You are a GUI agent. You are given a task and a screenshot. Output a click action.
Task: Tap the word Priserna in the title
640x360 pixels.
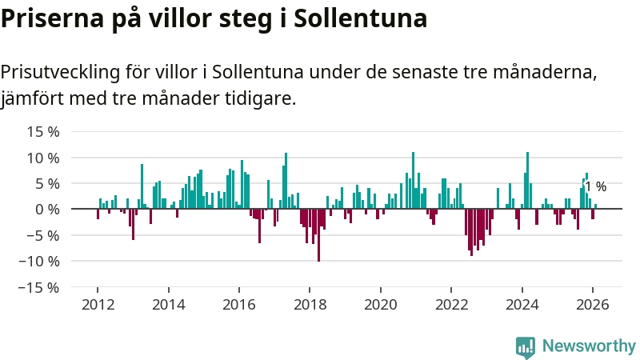click(x=48, y=18)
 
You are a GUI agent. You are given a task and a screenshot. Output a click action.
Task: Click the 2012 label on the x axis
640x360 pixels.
click(x=98, y=305)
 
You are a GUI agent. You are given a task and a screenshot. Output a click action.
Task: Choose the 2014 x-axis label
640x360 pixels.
click(x=168, y=305)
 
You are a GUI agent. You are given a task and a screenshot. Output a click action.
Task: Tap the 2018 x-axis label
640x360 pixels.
click(x=310, y=305)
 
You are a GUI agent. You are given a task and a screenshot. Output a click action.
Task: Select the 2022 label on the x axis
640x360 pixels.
click(x=451, y=305)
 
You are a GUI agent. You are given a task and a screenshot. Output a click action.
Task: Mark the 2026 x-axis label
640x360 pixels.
click(x=593, y=305)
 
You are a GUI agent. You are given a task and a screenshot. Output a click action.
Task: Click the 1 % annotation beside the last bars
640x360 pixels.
click(x=596, y=187)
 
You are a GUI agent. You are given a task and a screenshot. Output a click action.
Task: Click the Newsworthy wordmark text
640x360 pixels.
click(x=589, y=346)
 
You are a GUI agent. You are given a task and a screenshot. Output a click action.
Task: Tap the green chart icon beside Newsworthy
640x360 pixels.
click(x=526, y=346)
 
